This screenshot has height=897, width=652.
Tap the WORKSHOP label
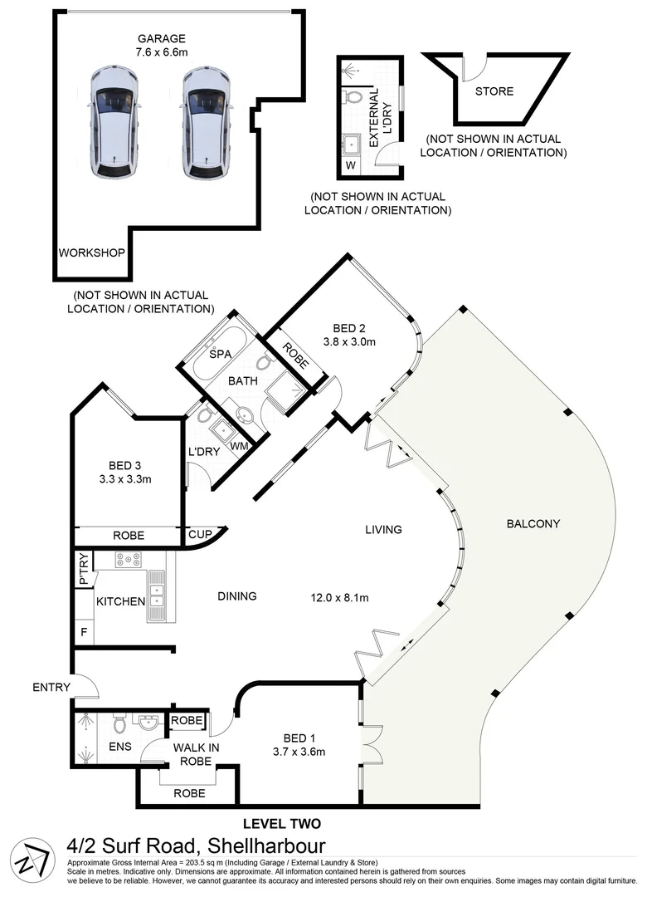click(91, 253)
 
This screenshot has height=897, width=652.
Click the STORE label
click(494, 91)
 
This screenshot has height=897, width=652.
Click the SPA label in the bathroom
click(219, 354)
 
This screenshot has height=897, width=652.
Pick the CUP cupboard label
click(200, 536)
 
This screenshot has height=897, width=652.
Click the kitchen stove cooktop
click(128, 560)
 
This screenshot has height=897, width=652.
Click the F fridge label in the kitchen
click(83, 631)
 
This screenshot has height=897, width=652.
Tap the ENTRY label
click(50, 687)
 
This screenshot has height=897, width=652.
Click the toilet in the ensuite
click(119, 727)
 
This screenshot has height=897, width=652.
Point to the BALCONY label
click(532, 523)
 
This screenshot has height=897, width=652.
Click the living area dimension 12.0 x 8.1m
click(339, 597)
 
